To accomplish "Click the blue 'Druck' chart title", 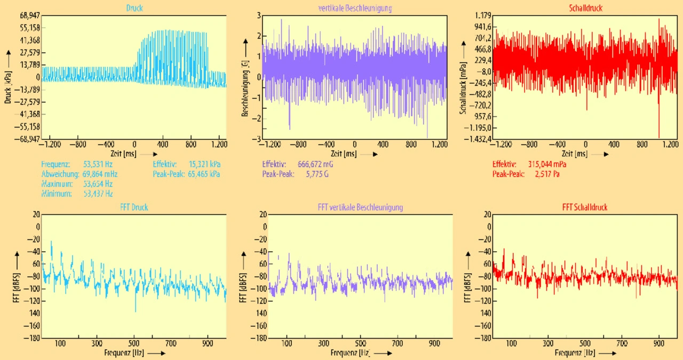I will tap(134, 9).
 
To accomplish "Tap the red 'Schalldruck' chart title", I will tap(585, 9).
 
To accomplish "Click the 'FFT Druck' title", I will tap(134, 207).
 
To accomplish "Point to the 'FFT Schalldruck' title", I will tap(585, 207).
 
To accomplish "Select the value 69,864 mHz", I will tap(99, 174).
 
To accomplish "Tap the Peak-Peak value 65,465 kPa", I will tap(204, 174).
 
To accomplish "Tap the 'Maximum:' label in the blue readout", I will tap(57, 183).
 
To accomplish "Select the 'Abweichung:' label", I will tap(59, 174).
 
